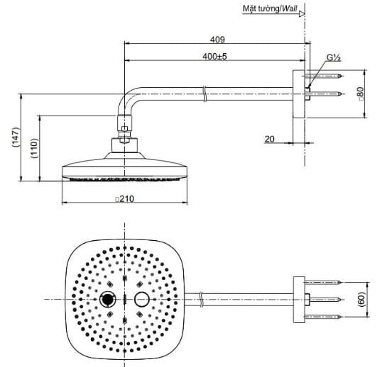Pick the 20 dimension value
pyautogui.click(x=269, y=139)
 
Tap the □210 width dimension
pyautogui.click(x=125, y=200)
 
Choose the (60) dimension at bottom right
pyautogui.click(x=361, y=298)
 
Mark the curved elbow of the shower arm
pyautogui.click(x=129, y=100)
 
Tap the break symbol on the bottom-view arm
pyautogui.click(x=204, y=298)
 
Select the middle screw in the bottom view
pyautogui.click(x=327, y=298)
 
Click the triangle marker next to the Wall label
pyautogui.click(x=310, y=11)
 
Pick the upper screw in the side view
pyautogui.click(x=327, y=75)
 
